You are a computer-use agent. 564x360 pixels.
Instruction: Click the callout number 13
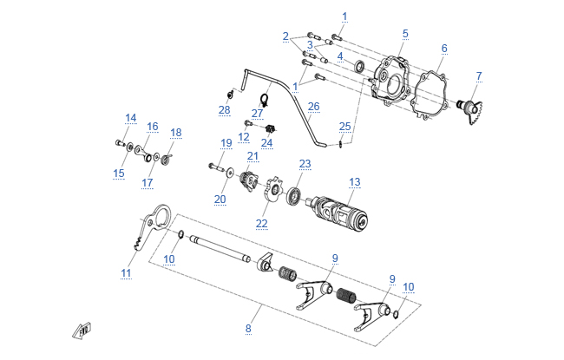click(x=354, y=182)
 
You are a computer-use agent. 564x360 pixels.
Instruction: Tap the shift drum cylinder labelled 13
click(x=339, y=211)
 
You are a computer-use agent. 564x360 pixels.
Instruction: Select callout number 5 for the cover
click(x=404, y=34)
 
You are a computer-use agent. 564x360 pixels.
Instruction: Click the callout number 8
click(x=248, y=329)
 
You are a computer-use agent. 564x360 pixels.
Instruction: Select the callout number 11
click(x=127, y=273)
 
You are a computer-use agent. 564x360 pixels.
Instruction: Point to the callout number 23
click(x=305, y=163)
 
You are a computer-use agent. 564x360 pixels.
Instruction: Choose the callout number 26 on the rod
click(x=313, y=107)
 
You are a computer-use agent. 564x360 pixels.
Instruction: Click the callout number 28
click(x=225, y=110)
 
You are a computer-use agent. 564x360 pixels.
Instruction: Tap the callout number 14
click(x=130, y=118)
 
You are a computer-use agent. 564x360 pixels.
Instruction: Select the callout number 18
click(x=176, y=133)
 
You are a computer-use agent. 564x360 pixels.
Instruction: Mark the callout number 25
click(x=345, y=127)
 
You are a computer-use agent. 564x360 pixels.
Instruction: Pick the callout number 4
click(x=340, y=56)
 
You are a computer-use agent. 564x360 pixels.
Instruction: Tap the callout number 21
click(x=252, y=156)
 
